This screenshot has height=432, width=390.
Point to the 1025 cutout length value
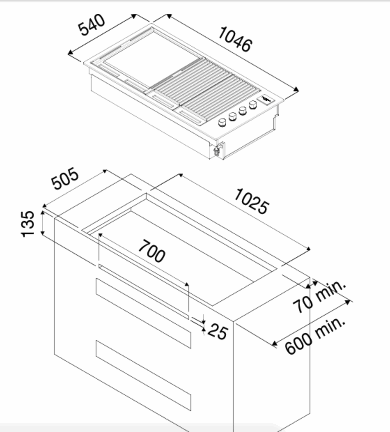pyautogui.click(x=251, y=201)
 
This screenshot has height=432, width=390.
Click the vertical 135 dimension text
pyautogui.click(x=28, y=224)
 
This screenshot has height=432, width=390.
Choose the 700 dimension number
pyautogui.click(x=152, y=251)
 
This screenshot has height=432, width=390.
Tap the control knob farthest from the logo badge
pyautogui.click(x=222, y=123)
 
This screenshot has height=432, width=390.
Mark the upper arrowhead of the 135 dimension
pyautogui.click(x=42, y=213)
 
